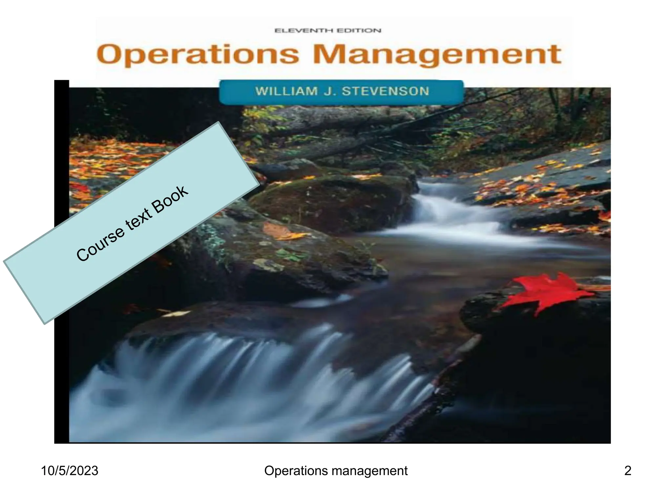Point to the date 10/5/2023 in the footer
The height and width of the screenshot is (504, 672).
pos(70,471)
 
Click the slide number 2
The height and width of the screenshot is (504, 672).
pos(627,471)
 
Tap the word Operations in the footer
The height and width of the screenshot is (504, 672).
pos(289,471)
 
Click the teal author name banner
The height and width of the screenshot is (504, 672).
pos(341,92)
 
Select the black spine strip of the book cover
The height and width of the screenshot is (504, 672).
pos(61,262)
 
